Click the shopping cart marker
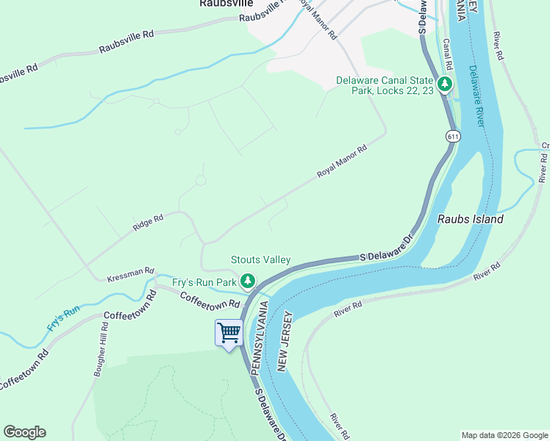tap(229, 333)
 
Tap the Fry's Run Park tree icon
tap(249, 281)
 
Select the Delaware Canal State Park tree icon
tap(444, 85)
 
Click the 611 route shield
tap(453, 137)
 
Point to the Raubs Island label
tap(471, 219)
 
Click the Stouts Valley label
tap(260, 259)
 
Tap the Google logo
tap(24, 432)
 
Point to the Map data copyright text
tap(504, 435)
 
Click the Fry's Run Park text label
tap(204, 282)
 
